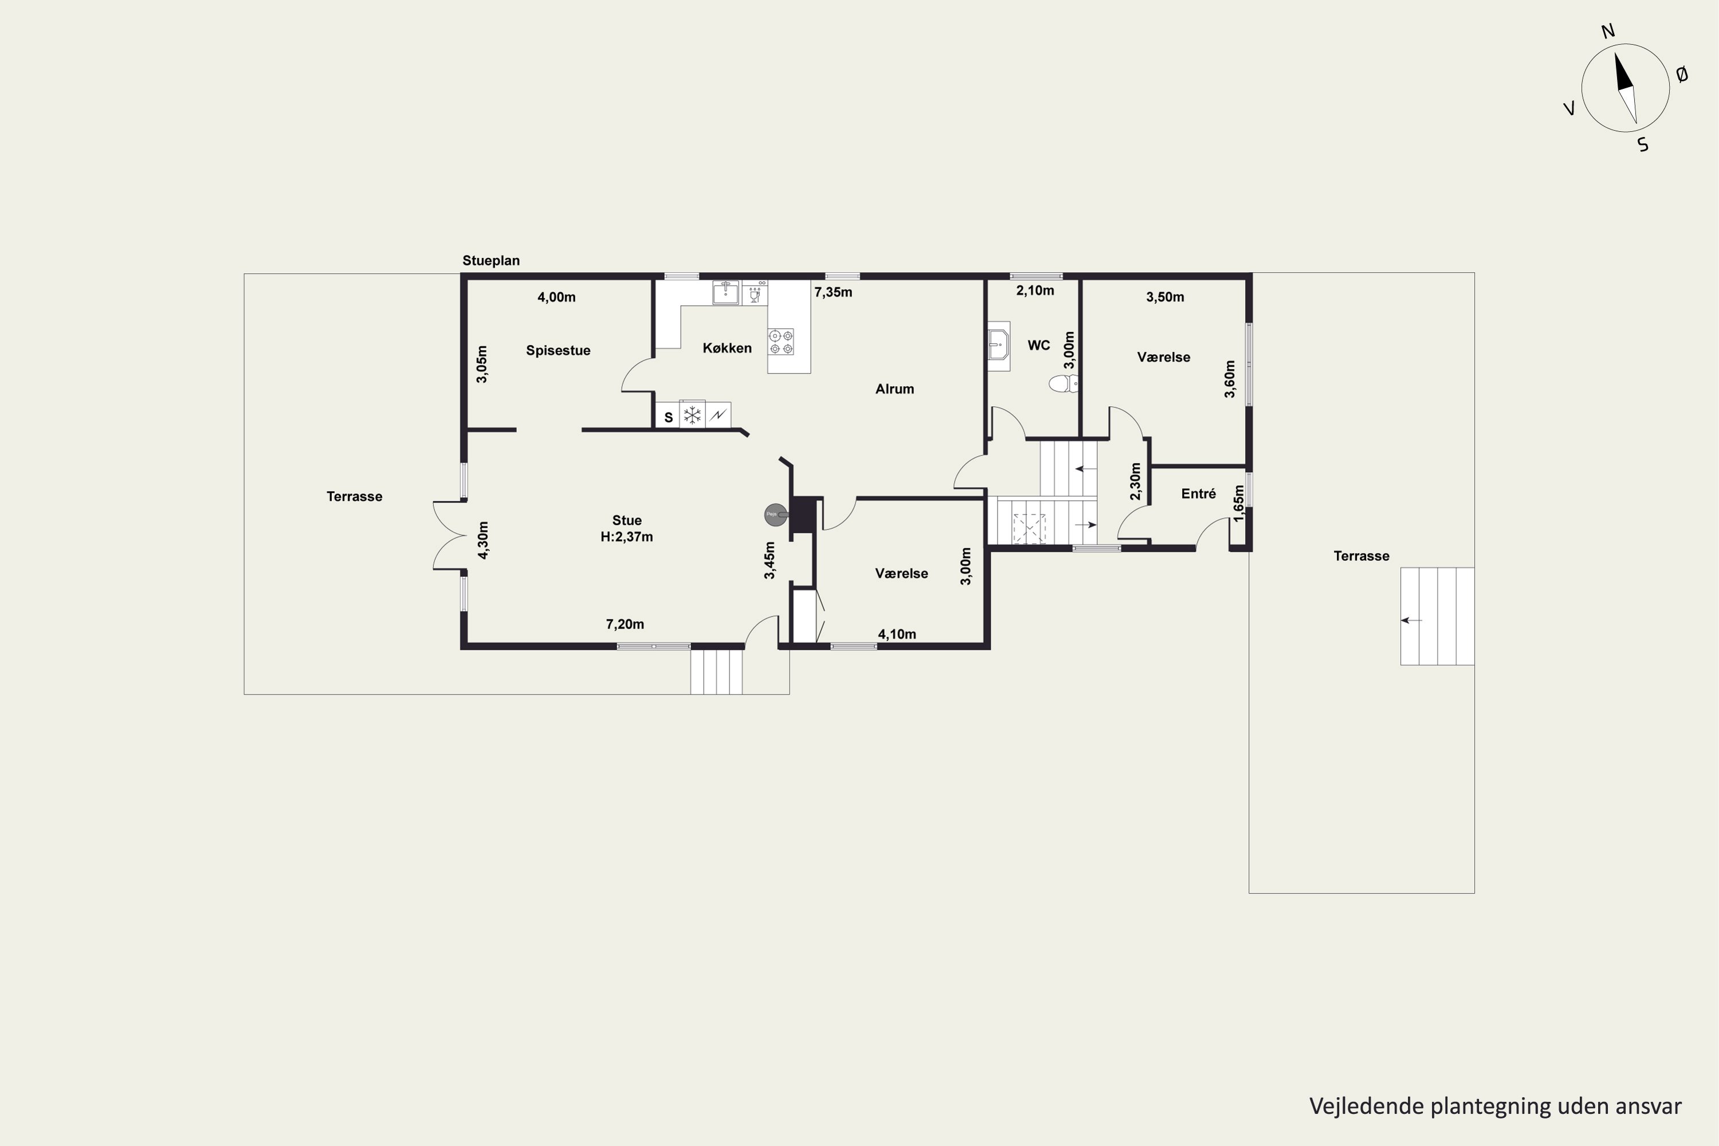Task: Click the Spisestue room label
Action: point(558,351)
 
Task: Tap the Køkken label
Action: point(727,348)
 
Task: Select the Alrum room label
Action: point(894,389)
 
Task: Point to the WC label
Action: point(1038,345)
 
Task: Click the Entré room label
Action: point(1199,494)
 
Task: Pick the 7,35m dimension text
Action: point(833,292)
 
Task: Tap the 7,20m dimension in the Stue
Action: point(625,624)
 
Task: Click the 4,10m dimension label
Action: point(897,634)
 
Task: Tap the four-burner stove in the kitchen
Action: point(780,342)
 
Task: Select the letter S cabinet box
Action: point(668,416)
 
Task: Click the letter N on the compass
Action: point(1608,32)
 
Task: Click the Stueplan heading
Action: point(491,261)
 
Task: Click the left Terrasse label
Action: point(355,497)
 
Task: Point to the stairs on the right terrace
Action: point(1437,616)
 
